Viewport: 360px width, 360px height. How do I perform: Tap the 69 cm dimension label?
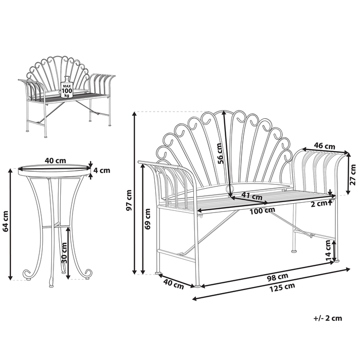pyautogui.click(x=148, y=218)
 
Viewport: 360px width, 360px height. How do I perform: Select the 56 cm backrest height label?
pyautogui.click(x=220, y=153)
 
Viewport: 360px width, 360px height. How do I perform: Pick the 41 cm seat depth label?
pyautogui.click(x=252, y=196)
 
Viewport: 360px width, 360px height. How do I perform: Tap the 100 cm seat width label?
pyautogui.click(x=262, y=210)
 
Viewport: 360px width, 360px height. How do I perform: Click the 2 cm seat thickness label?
pyautogui.click(x=319, y=203)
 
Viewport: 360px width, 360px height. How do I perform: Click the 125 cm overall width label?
pyautogui.click(x=282, y=286)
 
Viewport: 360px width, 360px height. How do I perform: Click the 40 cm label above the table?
pyautogui.click(x=55, y=160)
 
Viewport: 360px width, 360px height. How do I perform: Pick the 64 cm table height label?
pyautogui.click(x=6, y=222)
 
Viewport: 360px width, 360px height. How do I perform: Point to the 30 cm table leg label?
pyautogui.click(x=64, y=251)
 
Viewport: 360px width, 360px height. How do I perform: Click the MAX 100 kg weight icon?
pyautogui.click(x=66, y=89)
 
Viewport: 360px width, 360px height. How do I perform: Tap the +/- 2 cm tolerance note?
pyautogui.click(x=327, y=318)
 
